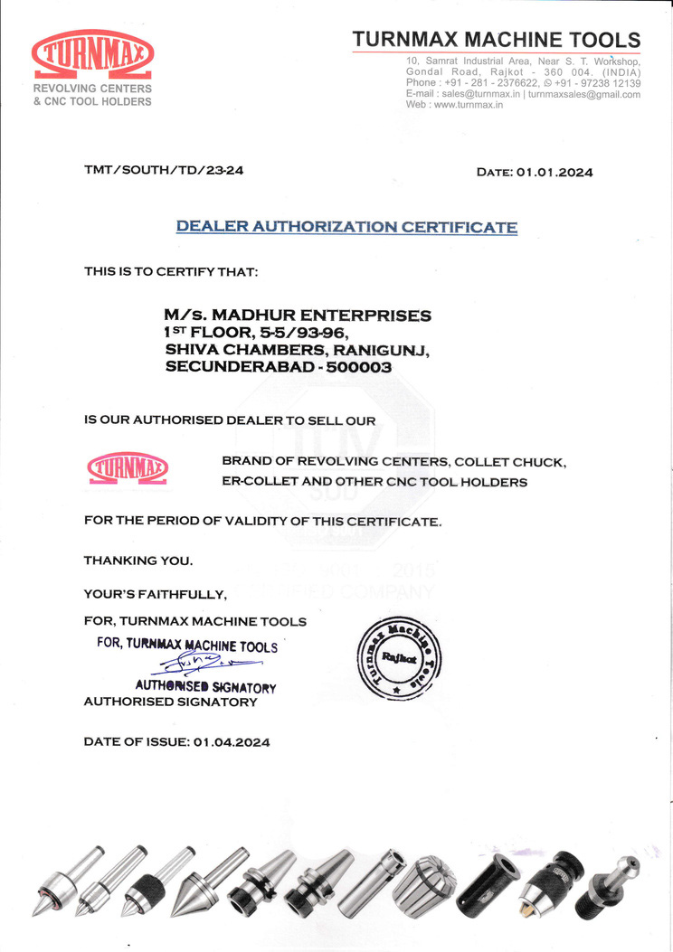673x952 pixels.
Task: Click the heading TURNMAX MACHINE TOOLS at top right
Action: click(x=496, y=40)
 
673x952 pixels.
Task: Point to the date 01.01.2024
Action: click(x=555, y=172)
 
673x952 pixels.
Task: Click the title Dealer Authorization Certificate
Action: click(x=346, y=226)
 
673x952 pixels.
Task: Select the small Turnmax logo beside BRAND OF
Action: click(x=128, y=468)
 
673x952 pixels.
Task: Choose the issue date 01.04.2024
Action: click(x=232, y=741)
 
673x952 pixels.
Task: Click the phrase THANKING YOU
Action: click(x=138, y=561)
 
